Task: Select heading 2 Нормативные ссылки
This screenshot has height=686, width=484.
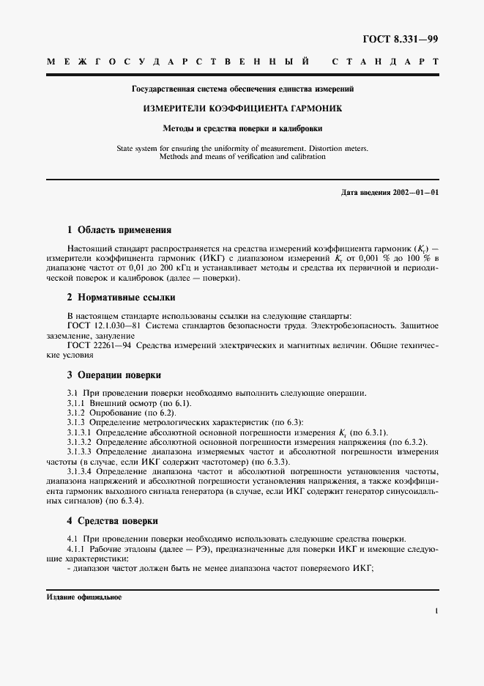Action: [x=121, y=298]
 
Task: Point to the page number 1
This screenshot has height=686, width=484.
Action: [x=436, y=610]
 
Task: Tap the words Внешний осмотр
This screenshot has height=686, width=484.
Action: [x=123, y=403]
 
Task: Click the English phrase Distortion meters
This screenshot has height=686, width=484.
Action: [x=332, y=148]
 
